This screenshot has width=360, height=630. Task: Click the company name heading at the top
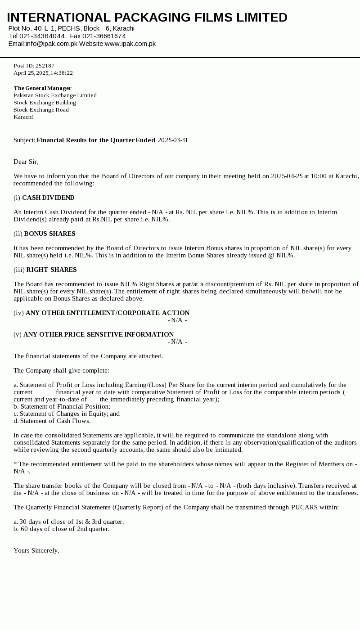147,18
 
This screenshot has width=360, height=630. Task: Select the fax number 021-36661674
104,36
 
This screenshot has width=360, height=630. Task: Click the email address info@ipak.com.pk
51,44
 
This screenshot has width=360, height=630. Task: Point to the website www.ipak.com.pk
130,44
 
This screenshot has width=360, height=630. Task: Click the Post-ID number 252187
45,66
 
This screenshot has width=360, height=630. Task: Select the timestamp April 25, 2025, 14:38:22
43,73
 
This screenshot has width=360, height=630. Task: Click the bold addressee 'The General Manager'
42,88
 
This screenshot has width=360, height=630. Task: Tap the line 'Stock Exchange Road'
41,110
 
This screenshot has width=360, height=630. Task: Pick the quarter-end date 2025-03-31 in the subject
173,140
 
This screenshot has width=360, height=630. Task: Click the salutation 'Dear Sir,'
26,162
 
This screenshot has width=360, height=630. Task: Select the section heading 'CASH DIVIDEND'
48,198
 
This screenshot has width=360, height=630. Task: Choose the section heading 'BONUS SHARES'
49,234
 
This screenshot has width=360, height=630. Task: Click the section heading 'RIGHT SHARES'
51,270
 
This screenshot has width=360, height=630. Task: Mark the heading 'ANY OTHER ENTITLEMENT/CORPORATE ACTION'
108,313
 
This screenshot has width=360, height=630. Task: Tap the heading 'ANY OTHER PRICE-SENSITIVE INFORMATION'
99,334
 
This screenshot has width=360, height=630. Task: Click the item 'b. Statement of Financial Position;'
62,406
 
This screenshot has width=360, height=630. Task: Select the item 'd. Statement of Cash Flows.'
52,421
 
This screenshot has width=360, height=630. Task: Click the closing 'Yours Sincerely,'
36,550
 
